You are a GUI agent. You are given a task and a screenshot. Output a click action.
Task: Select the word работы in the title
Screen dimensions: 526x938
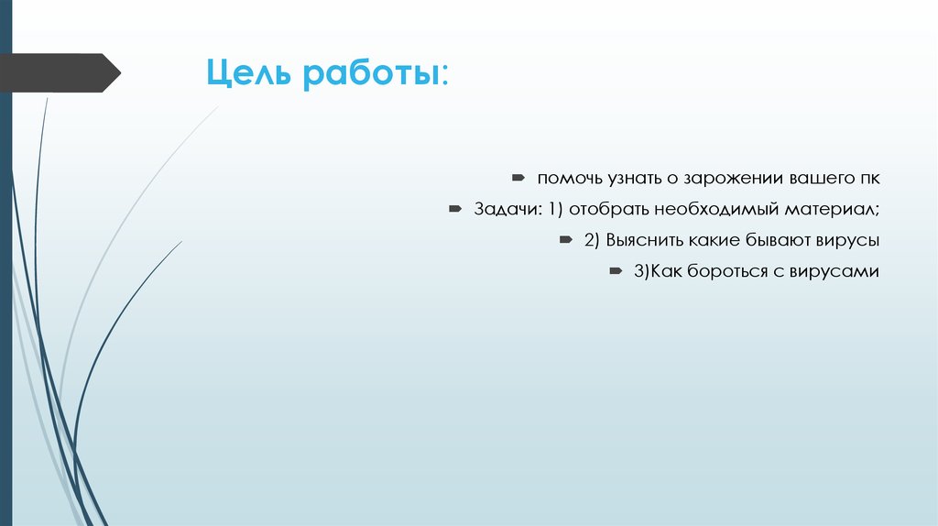[x=372, y=73]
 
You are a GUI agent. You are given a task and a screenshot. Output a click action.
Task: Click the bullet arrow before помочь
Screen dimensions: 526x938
[x=518, y=176]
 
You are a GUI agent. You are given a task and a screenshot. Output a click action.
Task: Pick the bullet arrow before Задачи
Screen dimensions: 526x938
[x=455, y=208]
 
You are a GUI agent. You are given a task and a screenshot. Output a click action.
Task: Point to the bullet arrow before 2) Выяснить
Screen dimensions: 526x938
[x=564, y=239]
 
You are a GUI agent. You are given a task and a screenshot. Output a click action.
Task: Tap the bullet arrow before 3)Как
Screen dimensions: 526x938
[x=616, y=271]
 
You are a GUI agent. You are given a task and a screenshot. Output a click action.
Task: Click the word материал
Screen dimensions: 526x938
[x=831, y=209]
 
